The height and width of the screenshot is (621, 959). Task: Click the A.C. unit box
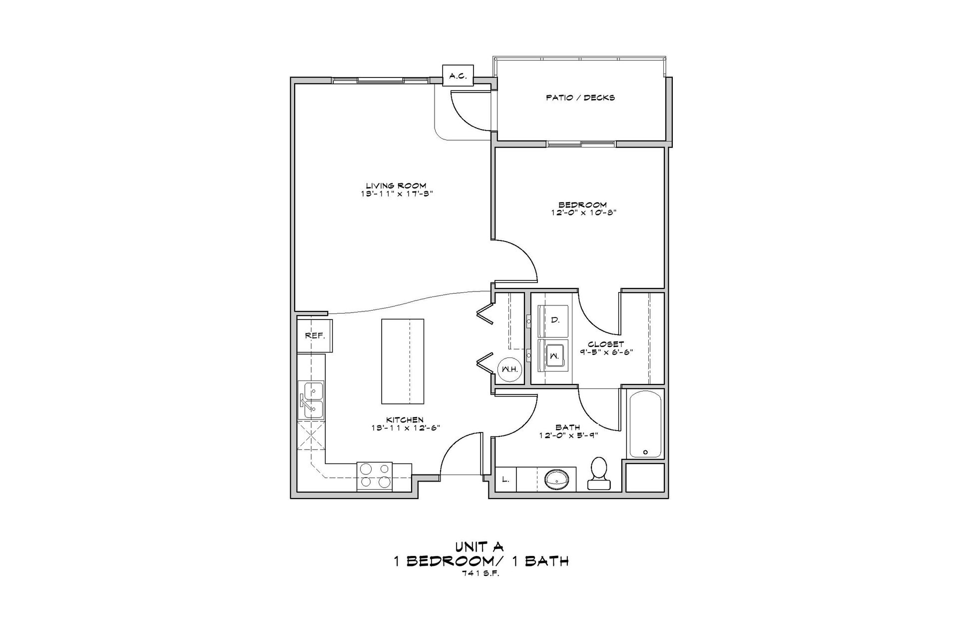click(x=458, y=76)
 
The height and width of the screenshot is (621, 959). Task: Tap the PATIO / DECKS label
click(x=580, y=97)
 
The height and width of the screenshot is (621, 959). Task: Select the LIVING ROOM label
click(x=396, y=185)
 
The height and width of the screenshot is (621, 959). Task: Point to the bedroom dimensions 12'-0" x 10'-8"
click(x=582, y=212)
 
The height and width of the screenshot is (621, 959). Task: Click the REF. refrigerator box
click(x=315, y=335)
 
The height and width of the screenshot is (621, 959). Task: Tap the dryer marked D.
click(x=553, y=320)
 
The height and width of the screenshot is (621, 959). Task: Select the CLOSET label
click(x=606, y=344)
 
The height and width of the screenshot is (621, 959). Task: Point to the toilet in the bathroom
click(x=598, y=473)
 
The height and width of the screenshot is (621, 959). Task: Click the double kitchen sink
click(x=311, y=400)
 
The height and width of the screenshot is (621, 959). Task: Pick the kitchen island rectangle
click(x=403, y=362)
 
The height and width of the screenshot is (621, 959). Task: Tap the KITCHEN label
click(x=405, y=419)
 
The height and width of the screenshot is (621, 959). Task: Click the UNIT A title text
click(x=480, y=546)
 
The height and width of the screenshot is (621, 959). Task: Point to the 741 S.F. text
click(x=480, y=573)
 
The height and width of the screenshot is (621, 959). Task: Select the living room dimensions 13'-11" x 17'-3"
click(x=396, y=193)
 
